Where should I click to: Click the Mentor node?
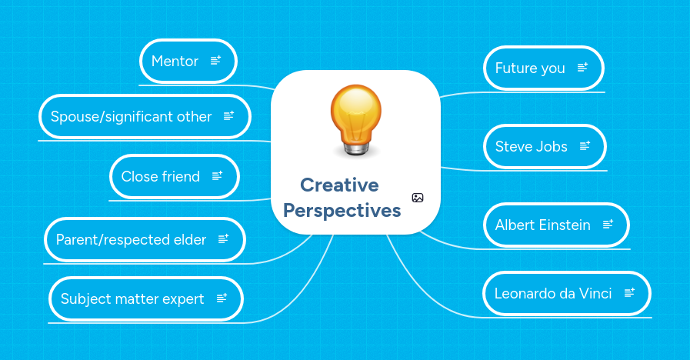pos(175,62)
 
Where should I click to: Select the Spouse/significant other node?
pos(132,117)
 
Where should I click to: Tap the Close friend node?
pos(161,177)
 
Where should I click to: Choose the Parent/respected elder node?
pos(132,240)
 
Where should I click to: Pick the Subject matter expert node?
pos(132,299)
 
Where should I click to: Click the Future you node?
pos(530,68)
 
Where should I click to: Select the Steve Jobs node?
pos(532,146)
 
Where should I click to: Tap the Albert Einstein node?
pos(543,225)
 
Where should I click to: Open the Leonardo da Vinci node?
pos(553,293)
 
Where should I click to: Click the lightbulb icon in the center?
pos(355,121)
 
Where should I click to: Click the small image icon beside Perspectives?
pos(418,198)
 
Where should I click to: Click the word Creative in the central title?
pos(339,185)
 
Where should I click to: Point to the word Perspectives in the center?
pos(342,211)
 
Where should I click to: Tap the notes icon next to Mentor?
pos(215,61)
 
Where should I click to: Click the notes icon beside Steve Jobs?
pos(585,145)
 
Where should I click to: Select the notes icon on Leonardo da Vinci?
pos(629,292)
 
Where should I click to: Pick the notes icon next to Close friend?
pos(217,176)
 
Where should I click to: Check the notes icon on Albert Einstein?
pos(608,225)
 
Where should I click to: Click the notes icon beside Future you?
pos(582,68)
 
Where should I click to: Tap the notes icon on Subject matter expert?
pos(222,298)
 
